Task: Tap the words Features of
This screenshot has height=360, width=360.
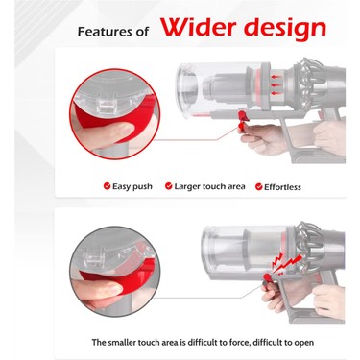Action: point(114,31)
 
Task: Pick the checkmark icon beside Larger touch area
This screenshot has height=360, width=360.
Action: point(168,186)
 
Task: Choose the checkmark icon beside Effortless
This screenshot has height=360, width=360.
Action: point(256,186)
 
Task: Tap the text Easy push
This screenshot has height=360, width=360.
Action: point(132,186)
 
